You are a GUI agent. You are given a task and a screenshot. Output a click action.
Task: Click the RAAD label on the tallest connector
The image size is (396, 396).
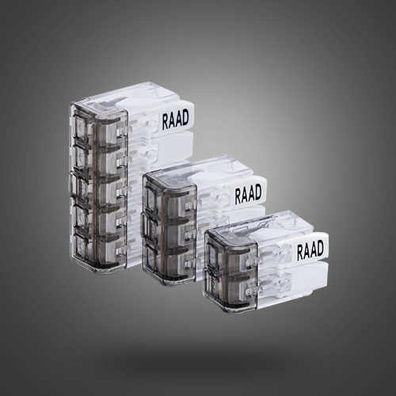175,120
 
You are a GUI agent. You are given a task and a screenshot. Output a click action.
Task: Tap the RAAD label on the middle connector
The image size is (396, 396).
248,194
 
